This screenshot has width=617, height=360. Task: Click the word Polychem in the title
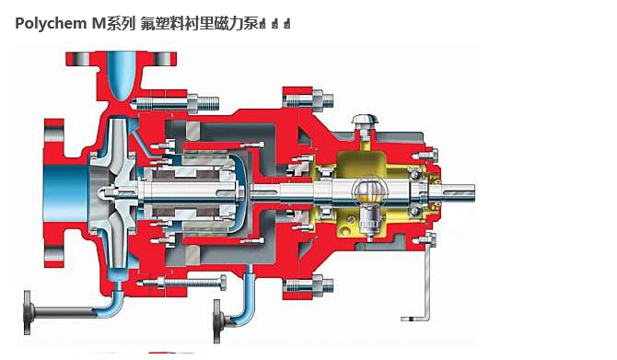(x=50, y=25)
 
